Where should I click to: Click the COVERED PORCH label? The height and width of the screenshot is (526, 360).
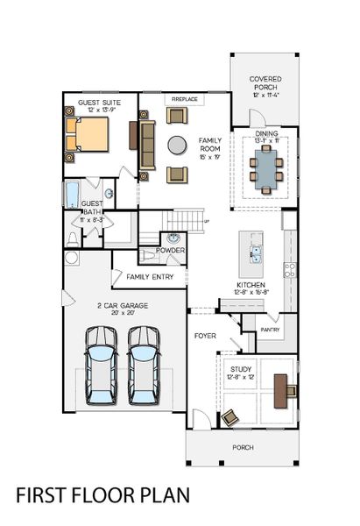[x=265, y=83]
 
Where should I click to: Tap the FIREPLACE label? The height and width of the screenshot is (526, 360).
[x=184, y=100]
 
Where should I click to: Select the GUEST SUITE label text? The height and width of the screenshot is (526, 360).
[x=99, y=103]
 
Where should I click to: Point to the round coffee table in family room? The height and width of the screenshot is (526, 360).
[x=178, y=144]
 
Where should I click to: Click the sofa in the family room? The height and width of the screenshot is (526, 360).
[x=147, y=145]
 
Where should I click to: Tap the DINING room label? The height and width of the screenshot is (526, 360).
[x=266, y=133]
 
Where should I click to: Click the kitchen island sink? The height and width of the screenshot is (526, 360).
[x=256, y=254]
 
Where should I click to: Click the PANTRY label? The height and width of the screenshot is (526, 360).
[x=270, y=330]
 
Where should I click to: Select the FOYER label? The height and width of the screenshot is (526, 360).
[x=205, y=335]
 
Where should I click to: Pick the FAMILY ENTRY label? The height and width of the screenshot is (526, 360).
[x=150, y=277]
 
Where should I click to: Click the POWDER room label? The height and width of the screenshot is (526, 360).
[x=170, y=251]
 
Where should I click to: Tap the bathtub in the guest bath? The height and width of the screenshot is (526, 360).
[x=71, y=194]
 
